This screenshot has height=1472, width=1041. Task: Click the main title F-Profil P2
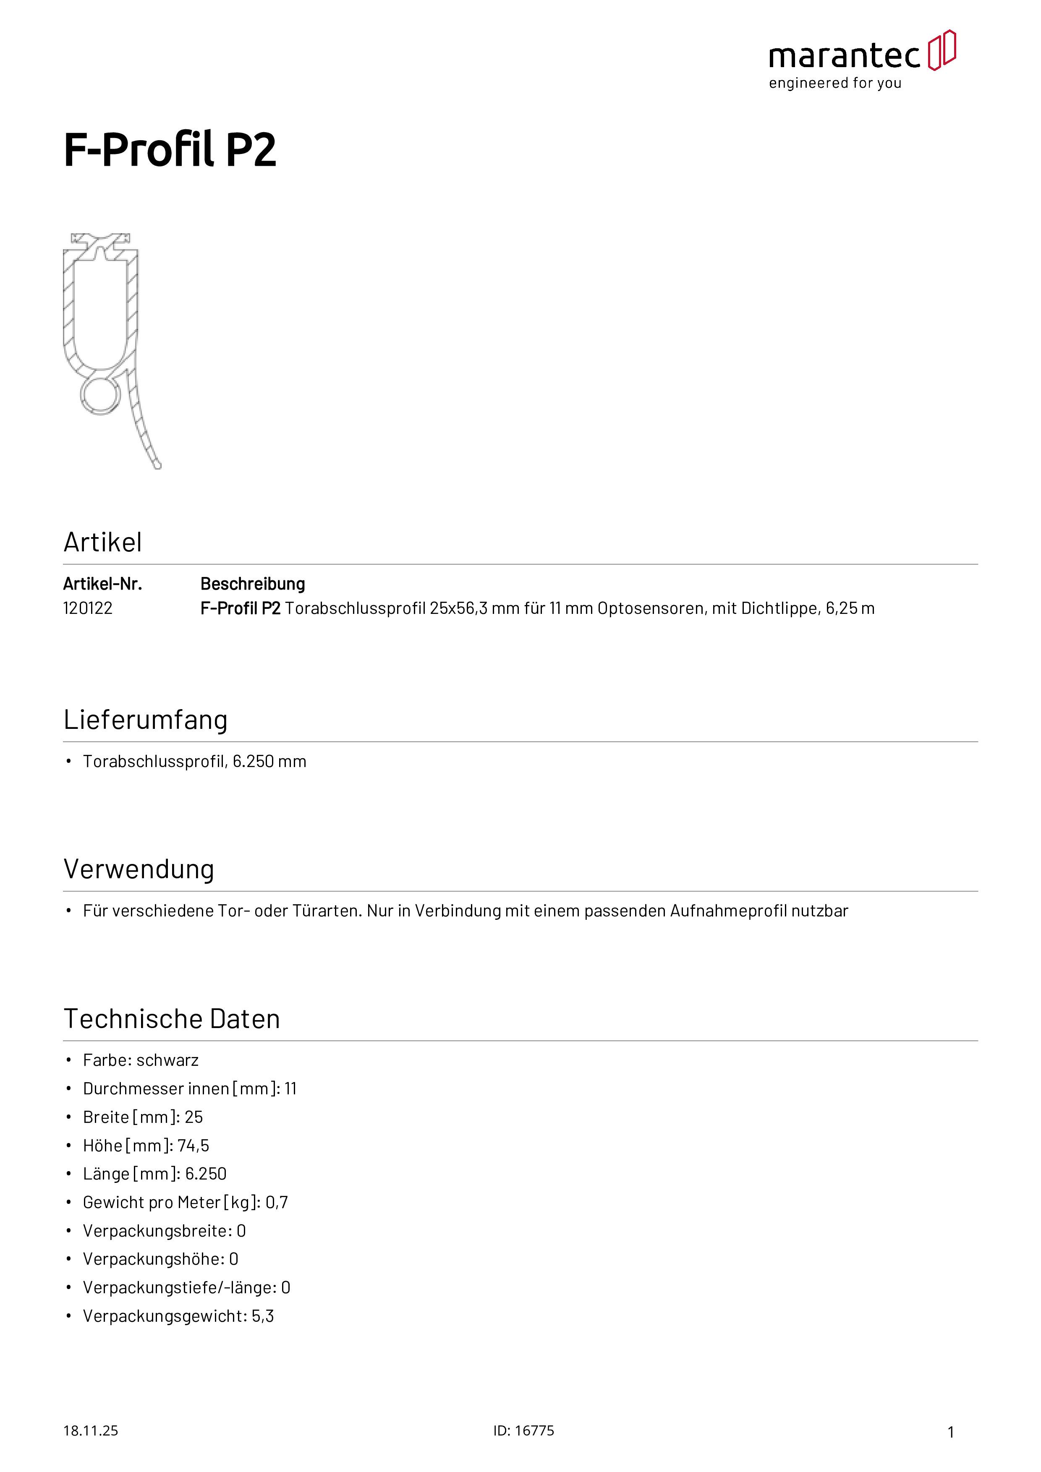coord(170,150)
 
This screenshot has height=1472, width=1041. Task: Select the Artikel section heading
coord(102,543)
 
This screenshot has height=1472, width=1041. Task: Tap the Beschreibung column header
coord(253,584)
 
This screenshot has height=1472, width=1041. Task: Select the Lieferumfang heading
coord(146,720)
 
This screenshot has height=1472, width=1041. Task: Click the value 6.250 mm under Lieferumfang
coord(269,762)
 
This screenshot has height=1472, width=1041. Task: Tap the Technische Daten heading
coord(172,1019)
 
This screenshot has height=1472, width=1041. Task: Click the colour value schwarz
coord(167,1060)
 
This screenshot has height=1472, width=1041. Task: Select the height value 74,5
coord(194,1146)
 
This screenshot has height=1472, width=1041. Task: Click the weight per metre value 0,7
coord(277,1203)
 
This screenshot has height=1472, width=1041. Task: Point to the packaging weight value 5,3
coord(263,1316)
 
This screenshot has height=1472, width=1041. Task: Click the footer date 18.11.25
coord(90,1430)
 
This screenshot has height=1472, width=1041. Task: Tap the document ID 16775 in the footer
coord(534,1430)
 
